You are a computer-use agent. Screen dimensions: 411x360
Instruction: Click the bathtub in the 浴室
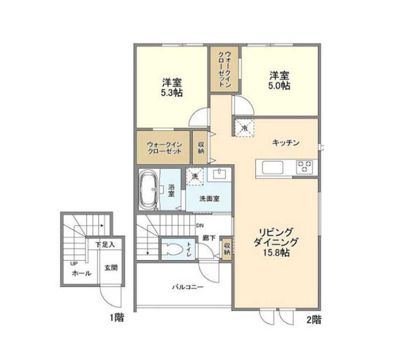[148, 190]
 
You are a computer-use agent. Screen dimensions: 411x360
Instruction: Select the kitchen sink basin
[273, 167]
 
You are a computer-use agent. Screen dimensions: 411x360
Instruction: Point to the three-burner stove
[305, 167]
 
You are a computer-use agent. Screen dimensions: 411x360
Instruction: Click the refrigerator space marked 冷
[245, 127]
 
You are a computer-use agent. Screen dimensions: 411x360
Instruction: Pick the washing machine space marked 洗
[195, 177]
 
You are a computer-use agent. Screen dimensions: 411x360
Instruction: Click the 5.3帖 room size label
[172, 93]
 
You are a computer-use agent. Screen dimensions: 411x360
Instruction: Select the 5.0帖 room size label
[279, 86]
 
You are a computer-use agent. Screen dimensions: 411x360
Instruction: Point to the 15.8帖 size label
[276, 253]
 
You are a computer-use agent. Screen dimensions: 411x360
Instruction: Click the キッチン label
[286, 143]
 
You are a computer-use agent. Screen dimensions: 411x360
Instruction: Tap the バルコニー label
[188, 287]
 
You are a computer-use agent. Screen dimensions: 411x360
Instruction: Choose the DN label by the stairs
[199, 225]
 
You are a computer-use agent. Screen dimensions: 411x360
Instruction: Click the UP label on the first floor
[73, 263]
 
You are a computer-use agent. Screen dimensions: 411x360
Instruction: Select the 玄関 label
[111, 268]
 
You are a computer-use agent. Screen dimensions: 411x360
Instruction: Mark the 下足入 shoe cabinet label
[105, 245]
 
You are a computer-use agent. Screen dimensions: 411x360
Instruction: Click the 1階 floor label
[117, 318]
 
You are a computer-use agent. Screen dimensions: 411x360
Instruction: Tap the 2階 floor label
[314, 319]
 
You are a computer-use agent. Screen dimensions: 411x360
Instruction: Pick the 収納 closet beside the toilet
[227, 249]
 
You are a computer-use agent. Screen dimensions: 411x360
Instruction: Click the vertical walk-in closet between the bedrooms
[225, 69]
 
